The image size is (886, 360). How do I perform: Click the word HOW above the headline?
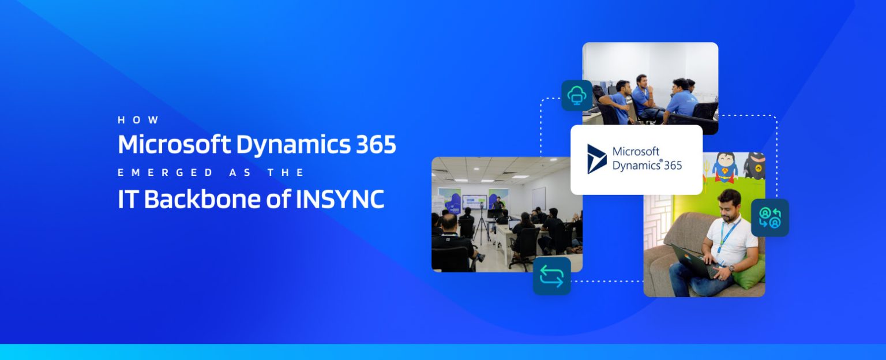coord(138,120)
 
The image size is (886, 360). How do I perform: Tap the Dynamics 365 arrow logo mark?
coord(596,159)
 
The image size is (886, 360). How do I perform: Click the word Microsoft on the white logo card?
coord(636,152)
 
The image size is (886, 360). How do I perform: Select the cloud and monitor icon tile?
coord(577,95)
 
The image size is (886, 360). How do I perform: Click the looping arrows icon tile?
coord(551,276)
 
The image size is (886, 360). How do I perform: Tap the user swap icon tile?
coord(769,217)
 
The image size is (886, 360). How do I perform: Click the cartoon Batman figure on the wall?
coord(753,164)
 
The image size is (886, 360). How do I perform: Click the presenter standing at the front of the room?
coord(497,204)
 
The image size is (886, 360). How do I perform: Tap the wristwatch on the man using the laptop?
coord(731,268)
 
